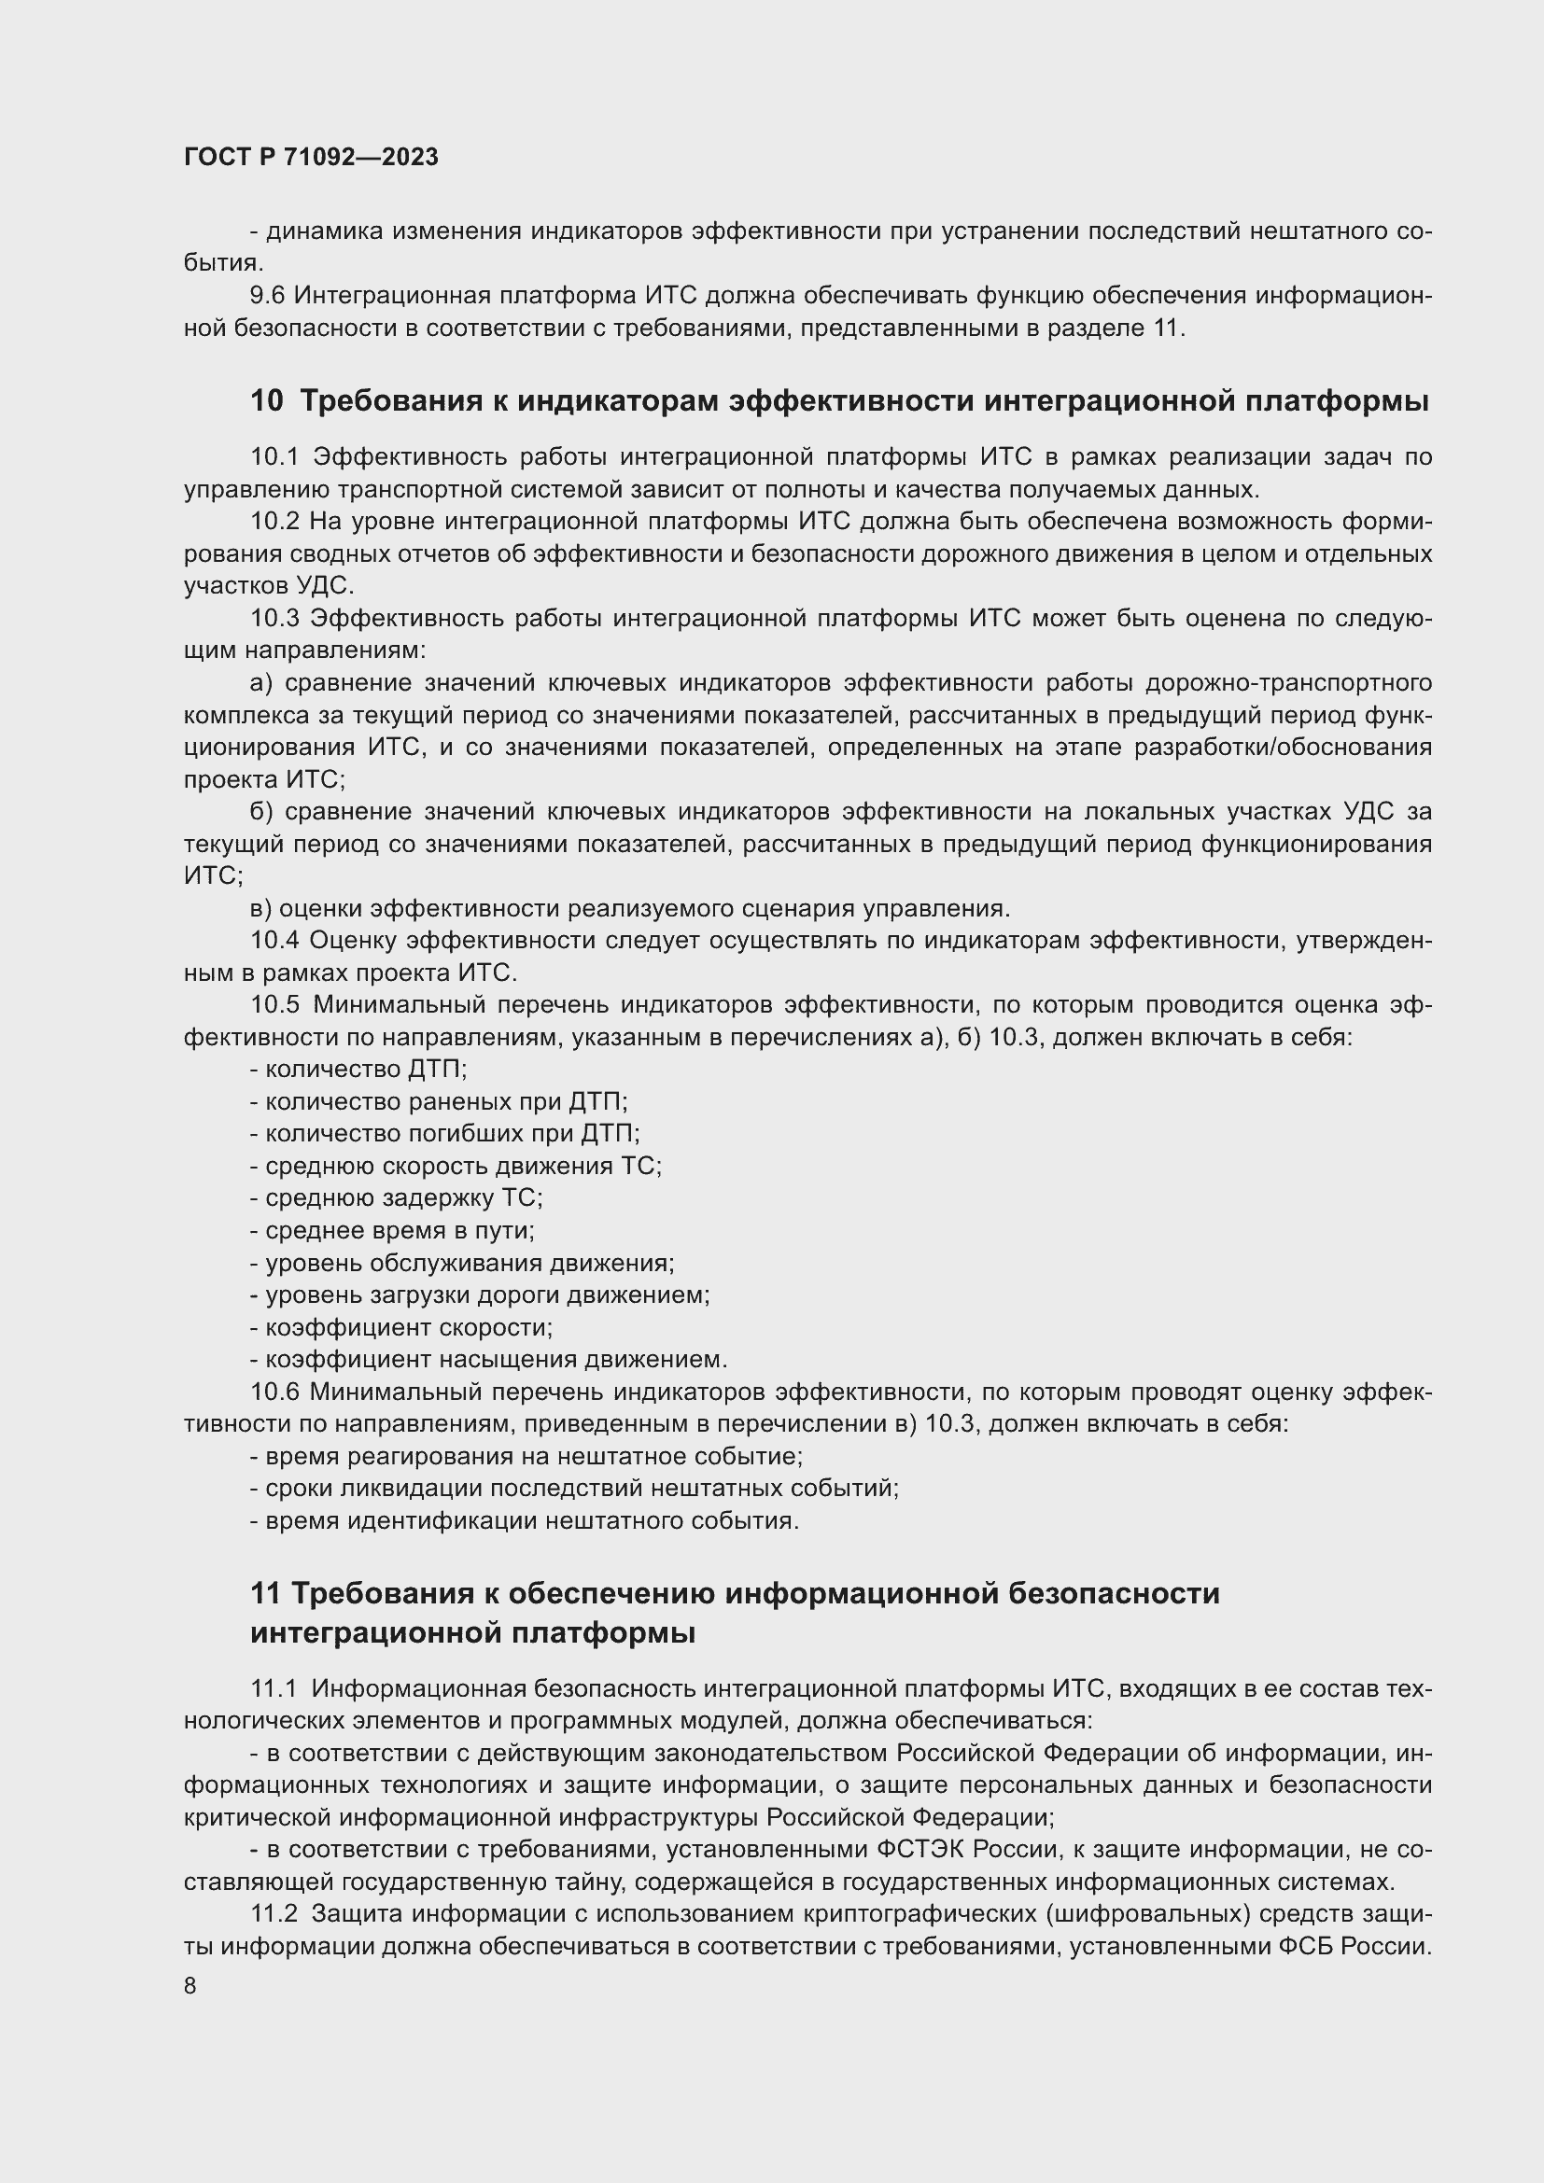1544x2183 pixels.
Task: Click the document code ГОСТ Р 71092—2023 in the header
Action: pos(311,157)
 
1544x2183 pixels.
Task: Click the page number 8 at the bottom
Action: pos(190,1985)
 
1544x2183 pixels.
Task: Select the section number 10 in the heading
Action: pos(267,400)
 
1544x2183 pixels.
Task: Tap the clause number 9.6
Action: pos(267,296)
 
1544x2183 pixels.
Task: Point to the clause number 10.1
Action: pos(274,457)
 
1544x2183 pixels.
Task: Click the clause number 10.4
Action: pos(274,941)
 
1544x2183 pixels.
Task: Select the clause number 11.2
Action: pos(274,1914)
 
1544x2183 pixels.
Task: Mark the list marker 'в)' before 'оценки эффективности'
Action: pos(261,908)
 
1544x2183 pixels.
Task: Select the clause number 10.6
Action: pos(274,1392)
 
